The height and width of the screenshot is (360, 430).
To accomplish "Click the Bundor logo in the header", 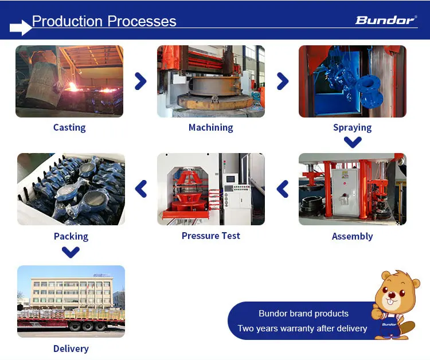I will point(386,20).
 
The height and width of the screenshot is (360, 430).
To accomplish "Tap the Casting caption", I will point(69,127).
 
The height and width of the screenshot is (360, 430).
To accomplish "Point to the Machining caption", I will point(211,127).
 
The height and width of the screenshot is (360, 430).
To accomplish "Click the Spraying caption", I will point(352,127).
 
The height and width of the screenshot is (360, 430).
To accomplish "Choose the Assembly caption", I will point(352,236).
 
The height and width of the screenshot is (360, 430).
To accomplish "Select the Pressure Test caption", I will point(211,236).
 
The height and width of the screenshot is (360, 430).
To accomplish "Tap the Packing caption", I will point(71,236).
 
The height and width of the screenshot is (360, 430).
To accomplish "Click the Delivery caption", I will point(71,349).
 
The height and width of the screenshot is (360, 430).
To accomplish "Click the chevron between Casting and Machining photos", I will point(140,81).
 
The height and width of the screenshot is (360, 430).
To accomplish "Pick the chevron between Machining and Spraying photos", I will point(282,81).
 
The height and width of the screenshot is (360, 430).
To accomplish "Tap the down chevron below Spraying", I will point(352,142).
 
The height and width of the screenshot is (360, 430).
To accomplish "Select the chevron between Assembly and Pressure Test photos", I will point(283,189).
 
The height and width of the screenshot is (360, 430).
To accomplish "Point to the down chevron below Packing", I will point(71,251).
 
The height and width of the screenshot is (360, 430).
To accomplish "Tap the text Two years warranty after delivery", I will point(302,328).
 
